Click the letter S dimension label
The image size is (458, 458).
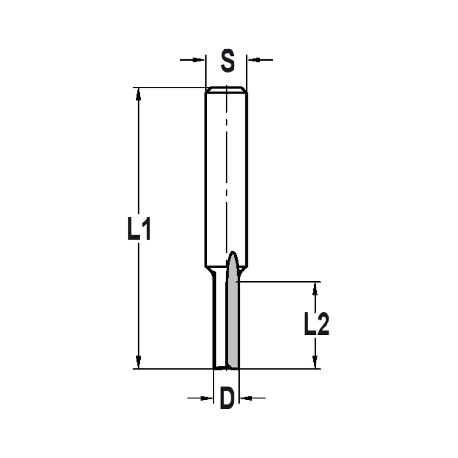click(227, 61)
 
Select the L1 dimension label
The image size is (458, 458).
click(139, 229)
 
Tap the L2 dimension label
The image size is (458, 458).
click(316, 325)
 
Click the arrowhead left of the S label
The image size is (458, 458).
click(199, 59)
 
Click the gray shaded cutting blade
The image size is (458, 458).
click(233, 321)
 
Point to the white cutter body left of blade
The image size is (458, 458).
click(220, 321)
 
